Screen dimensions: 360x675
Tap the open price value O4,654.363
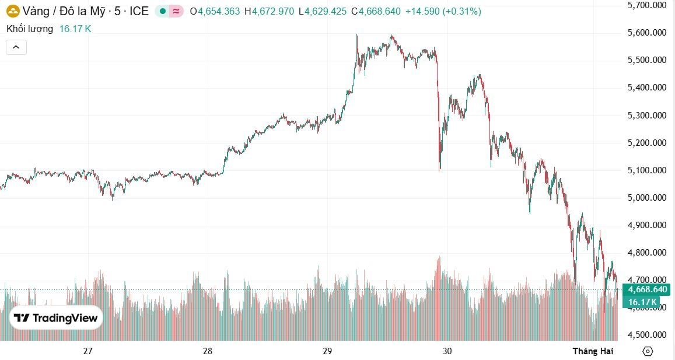pyautogui.click(x=219, y=11)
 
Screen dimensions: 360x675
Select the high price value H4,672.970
pyautogui.click(x=269, y=11)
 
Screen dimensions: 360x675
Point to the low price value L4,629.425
pyautogui.click(x=322, y=11)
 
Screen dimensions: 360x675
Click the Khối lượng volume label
pyautogui.click(x=30, y=28)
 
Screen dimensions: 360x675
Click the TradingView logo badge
pyautogui.click(x=56, y=318)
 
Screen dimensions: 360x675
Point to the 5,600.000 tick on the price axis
pyautogui.click(x=646, y=33)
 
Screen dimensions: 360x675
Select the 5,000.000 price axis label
pyautogui.click(x=646, y=198)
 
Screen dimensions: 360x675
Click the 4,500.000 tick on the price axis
pyautogui.click(x=646, y=335)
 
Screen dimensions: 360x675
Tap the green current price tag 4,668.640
pyautogui.click(x=645, y=289)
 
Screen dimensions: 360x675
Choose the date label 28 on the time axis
pyautogui.click(x=208, y=351)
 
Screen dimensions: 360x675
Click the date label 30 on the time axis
pyautogui.click(x=447, y=351)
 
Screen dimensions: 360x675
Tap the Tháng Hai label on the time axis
pyautogui.click(x=593, y=351)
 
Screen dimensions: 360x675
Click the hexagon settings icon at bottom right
pyautogui.click(x=648, y=351)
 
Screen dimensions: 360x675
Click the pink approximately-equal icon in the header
pyautogui.click(x=175, y=11)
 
